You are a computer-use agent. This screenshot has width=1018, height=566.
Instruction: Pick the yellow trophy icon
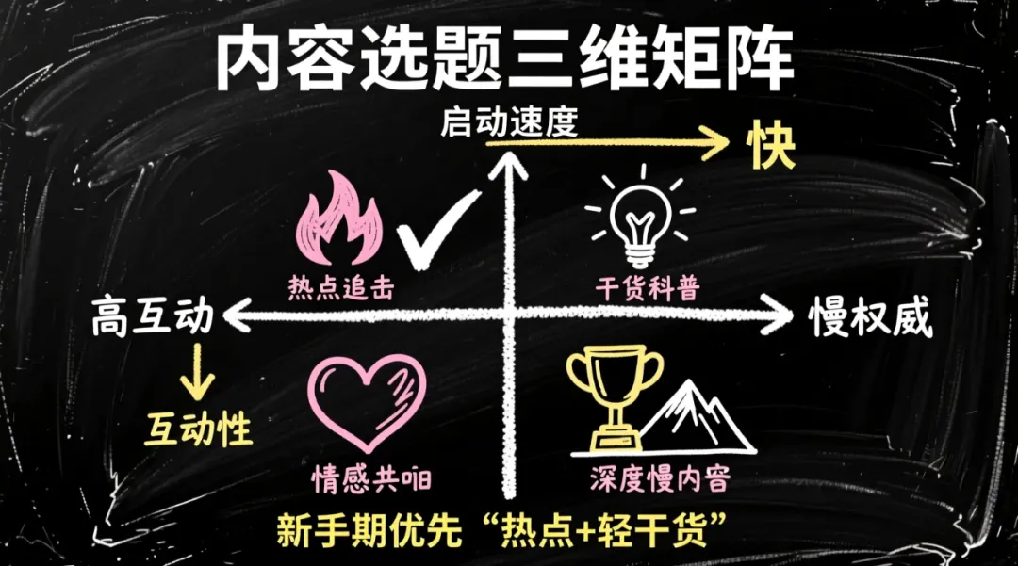coord(614,396)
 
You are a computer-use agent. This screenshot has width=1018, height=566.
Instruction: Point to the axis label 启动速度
coord(508,122)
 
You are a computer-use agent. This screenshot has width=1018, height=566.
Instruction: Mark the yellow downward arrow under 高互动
coord(199,371)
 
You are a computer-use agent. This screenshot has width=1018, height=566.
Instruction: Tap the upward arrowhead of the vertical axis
coord(514,170)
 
